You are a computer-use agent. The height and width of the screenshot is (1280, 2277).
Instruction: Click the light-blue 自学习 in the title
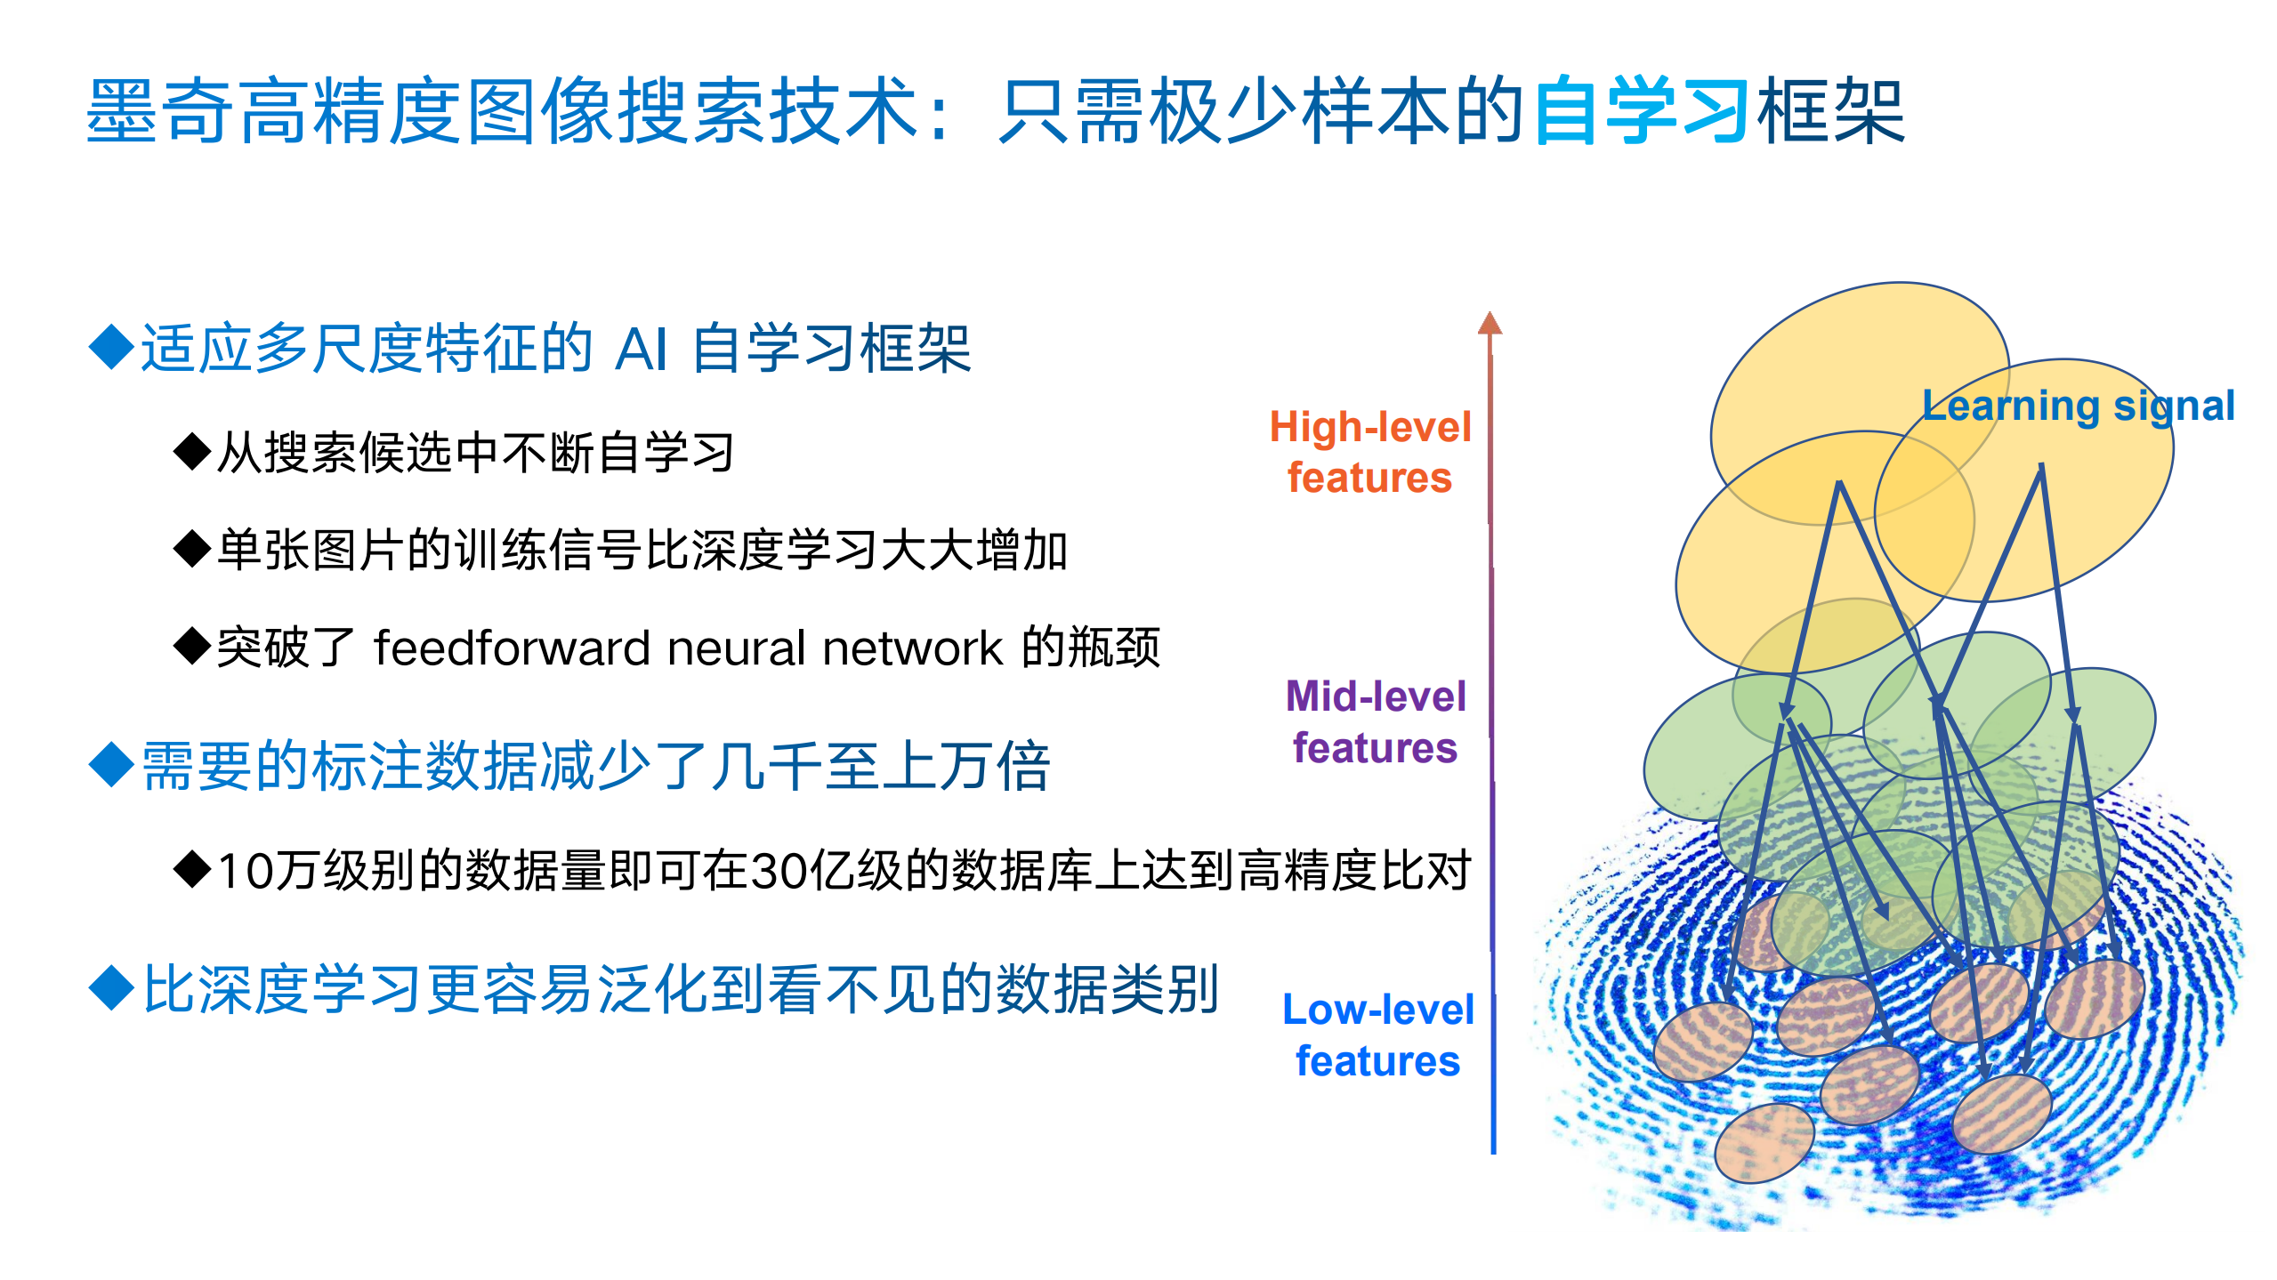tap(1642, 111)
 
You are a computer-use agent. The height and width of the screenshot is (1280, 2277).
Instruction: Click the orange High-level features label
tap(1369, 452)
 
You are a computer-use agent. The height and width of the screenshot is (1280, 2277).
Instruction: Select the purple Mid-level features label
tap(1375, 721)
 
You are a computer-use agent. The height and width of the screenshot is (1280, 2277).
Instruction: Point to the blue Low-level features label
tap(1377, 1034)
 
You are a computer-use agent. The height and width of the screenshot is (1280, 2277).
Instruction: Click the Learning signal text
tap(2078, 406)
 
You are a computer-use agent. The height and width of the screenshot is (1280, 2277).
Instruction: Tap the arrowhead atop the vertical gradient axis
tap(1490, 324)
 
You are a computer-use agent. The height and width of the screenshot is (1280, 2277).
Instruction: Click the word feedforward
tap(512, 648)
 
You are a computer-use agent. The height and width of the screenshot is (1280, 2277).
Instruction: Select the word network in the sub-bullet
tap(912, 648)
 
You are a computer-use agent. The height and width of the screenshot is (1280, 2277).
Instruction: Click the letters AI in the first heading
tap(641, 349)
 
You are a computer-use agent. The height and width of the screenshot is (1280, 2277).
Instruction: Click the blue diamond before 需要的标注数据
tap(112, 764)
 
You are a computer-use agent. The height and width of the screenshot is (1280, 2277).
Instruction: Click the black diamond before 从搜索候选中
tap(192, 451)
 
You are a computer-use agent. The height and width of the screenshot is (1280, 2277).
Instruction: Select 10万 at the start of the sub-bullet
tap(264, 870)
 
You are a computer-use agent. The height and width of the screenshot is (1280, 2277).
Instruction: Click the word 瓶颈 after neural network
tap(1114, 648)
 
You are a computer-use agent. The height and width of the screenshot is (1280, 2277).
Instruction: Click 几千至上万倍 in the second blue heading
tap(881, 766)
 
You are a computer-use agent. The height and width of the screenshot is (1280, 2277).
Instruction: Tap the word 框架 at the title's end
tap(1831, 111)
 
